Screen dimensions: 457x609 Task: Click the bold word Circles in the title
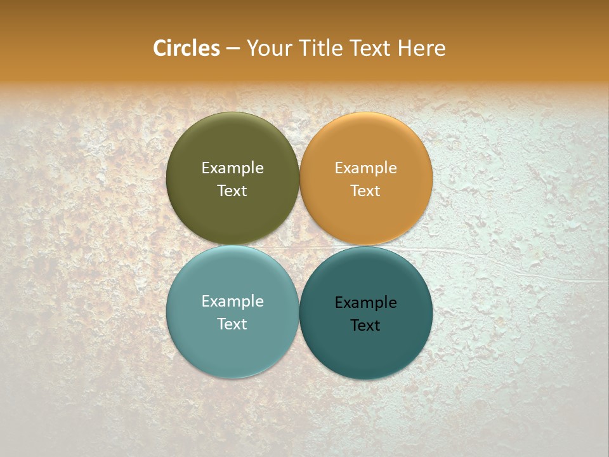click(x=187, y=48)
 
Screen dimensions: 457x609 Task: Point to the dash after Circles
click(x=233, y=49)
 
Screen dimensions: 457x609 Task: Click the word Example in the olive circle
click(x=232, y=168)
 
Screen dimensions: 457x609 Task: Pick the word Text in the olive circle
click(x=232, y=191)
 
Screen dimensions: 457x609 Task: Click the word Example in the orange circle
click(x=366, y=168)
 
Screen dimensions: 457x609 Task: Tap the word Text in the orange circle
click(x=366, y=191)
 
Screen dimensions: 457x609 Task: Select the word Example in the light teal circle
click(x=232, y=301)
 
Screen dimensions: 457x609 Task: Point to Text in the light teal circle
click(x=232, y=324)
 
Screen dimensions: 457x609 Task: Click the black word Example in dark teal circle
click(x=366, y=303)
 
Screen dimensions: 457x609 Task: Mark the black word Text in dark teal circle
click(x=366, y=326)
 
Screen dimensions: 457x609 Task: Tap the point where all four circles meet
click(x=299, y=246)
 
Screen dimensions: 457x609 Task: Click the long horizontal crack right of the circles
click(x=507, y=267)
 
